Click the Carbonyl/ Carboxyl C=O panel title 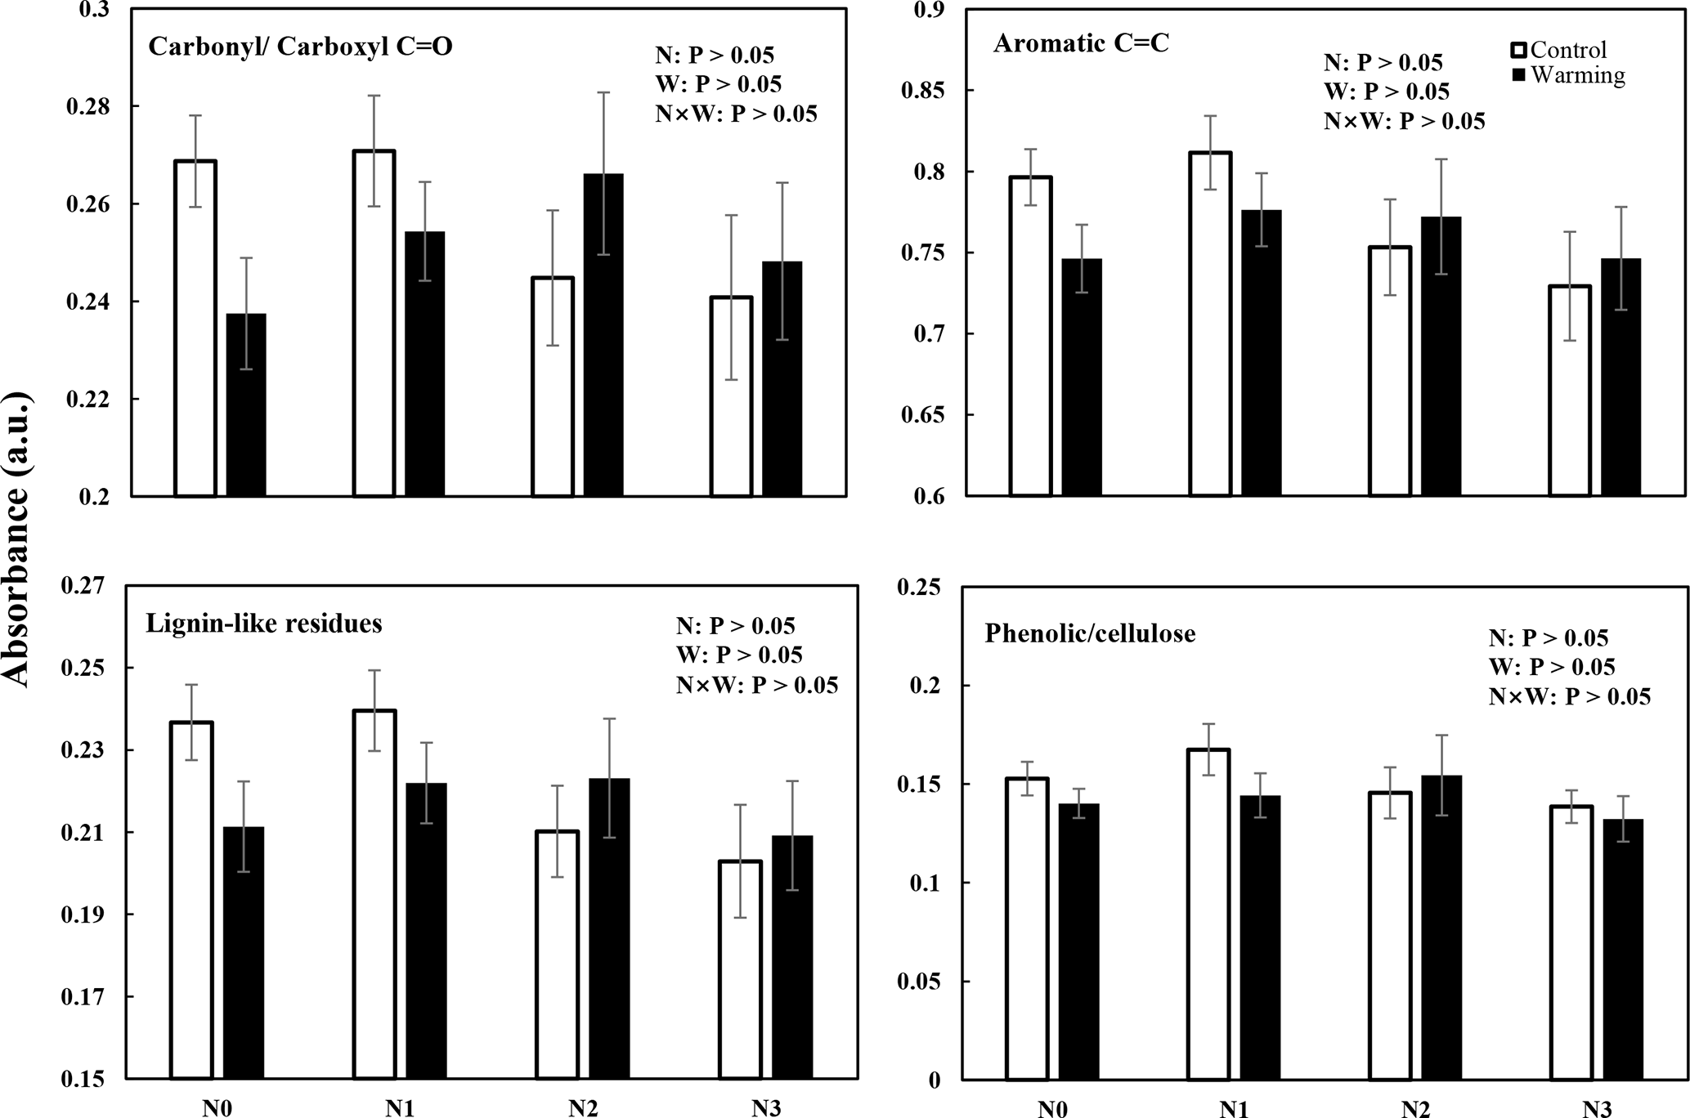(300, 47)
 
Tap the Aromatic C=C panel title (1081, 43)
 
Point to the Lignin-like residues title (264, 624)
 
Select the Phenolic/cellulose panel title (1090, 633)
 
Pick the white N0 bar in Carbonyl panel (195, 329)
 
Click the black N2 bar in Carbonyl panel (603, 335)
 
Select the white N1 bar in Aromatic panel (1210, 324)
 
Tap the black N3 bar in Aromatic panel (1621, 378)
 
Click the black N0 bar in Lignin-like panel (244, 953)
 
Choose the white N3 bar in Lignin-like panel (741, 970)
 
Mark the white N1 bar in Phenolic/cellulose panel (1209, 915)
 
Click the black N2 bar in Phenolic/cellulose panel (1441, 928)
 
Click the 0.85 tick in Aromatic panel (924, 91)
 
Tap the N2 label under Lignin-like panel (583, 1108)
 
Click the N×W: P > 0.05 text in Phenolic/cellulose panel (1569, 696)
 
